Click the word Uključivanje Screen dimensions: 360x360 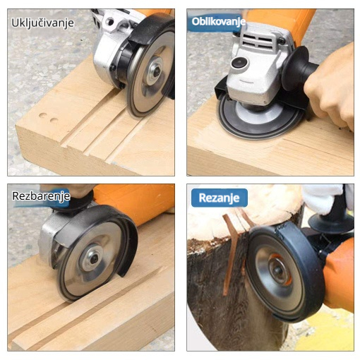[x=42, y=23]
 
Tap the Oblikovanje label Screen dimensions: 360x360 [x=219, y=22]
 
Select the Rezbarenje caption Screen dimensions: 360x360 [x=41, y=196]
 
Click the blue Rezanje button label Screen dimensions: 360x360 [x=219, y=198]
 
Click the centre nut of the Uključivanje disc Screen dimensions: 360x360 [x=156, y=71]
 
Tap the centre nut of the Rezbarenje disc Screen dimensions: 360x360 [x=94, y=258]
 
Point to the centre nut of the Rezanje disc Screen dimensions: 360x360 [x=279, y=270]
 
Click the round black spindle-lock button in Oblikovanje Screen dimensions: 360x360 [x=239, y=63]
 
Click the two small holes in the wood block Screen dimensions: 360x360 [x=49, y=118]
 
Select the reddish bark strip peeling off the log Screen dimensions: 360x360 [x=232, y=252]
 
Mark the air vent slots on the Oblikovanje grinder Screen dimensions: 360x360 [x=258, y=40]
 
